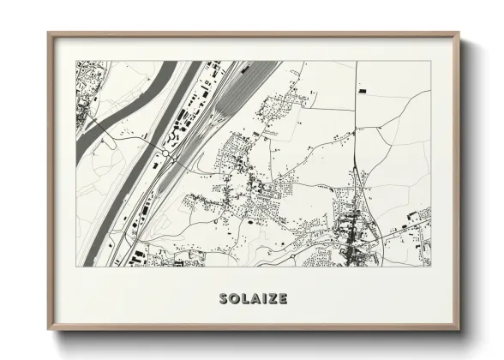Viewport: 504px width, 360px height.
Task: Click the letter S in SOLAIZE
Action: [x=224, y=299]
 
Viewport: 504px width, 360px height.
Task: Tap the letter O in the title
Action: [x=235, y=299]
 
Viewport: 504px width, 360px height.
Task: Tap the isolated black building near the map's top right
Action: [x=362, y=89]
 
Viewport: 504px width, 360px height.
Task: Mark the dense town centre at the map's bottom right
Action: [x=351, y=236]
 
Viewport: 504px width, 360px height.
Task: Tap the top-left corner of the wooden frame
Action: [x=49, y=33]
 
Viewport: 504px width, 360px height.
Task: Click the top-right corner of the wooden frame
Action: [x=459, y=33]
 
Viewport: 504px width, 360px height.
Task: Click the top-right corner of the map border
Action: [x=429, y=61]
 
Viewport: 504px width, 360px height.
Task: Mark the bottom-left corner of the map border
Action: [x=76, y=266]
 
